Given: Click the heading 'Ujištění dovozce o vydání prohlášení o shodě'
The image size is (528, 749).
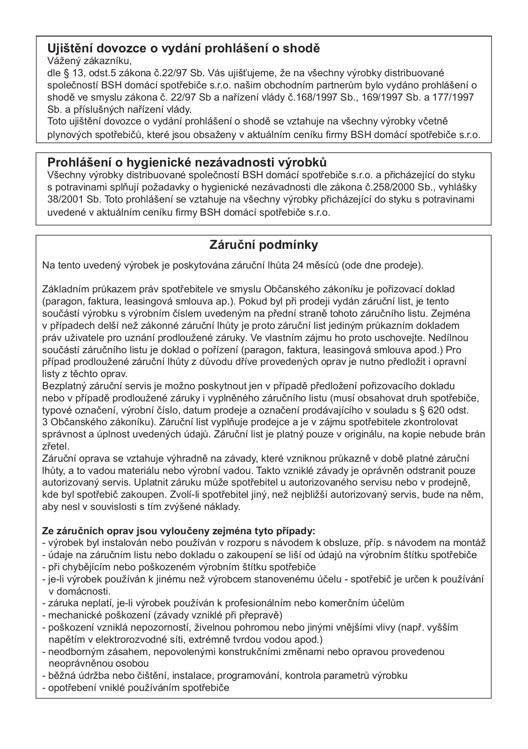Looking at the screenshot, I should [x=183, y=48].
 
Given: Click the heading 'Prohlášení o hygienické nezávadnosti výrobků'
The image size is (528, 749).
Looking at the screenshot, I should [x=187, y=162].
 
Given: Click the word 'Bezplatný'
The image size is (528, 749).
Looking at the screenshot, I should [x=62, y=386].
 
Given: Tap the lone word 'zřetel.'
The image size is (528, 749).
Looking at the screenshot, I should [x=55, y=446].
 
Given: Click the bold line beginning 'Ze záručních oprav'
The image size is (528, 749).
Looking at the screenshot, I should [x=179, y=531].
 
